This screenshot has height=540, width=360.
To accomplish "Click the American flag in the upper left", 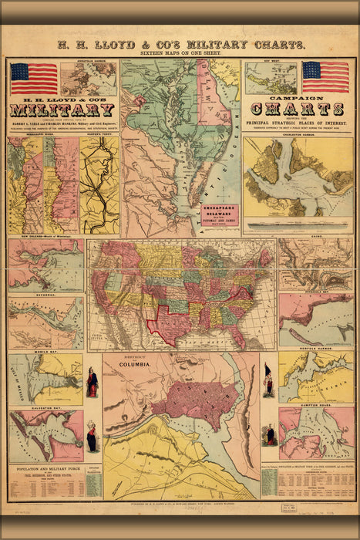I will (34, 78).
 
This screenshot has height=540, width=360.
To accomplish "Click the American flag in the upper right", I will (325, 76).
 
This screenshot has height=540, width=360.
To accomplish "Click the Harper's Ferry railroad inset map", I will (100, 185).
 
